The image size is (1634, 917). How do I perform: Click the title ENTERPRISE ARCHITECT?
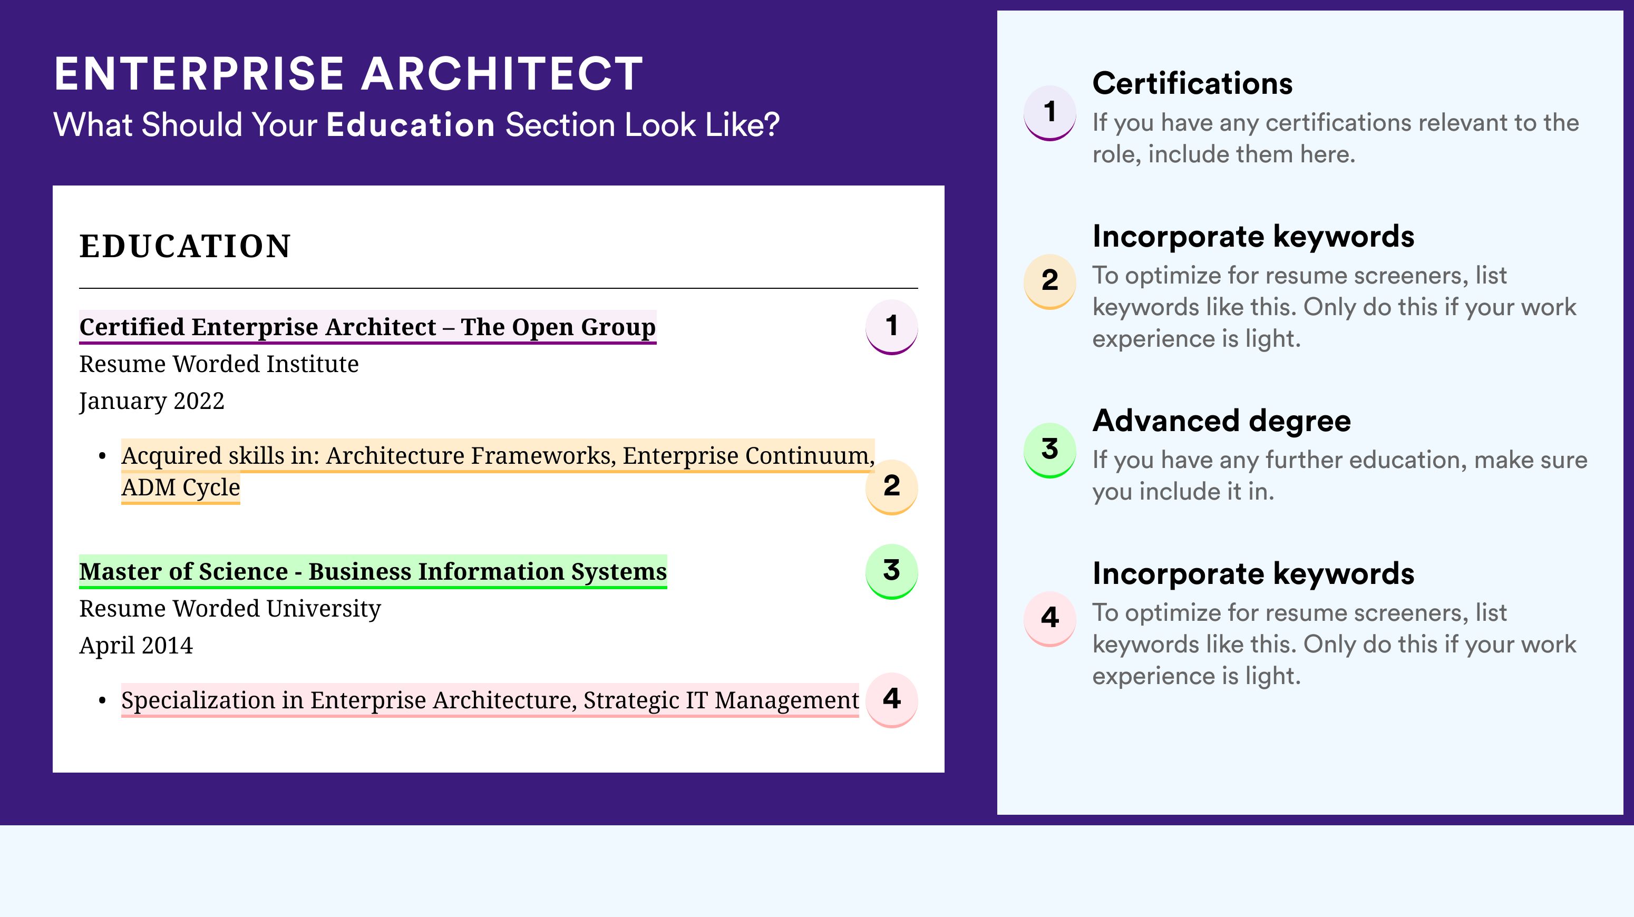click(348, 74)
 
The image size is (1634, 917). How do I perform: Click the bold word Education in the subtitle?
click(411, 124)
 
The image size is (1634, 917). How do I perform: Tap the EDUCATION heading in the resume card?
click(184, 246)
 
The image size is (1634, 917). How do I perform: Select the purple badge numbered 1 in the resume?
click(891, 327)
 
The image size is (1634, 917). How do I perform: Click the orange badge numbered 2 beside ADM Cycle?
click(891, 486)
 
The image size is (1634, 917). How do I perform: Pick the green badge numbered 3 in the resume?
click(891, 571)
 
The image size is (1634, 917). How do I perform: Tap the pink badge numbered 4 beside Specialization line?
click(891, 699)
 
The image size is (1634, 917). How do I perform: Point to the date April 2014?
click(136, 646)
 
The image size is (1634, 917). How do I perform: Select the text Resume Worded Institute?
click(219, 364)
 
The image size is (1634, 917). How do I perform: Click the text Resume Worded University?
click(230, 609)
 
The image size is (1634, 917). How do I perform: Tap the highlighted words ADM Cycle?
click(181, 487)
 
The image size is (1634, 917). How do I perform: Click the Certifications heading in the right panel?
click(1192, 83)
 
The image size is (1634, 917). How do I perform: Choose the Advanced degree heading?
click(1221, 421)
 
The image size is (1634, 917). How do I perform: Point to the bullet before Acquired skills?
click(102, 456)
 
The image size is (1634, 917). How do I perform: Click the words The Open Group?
click(558, 327)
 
